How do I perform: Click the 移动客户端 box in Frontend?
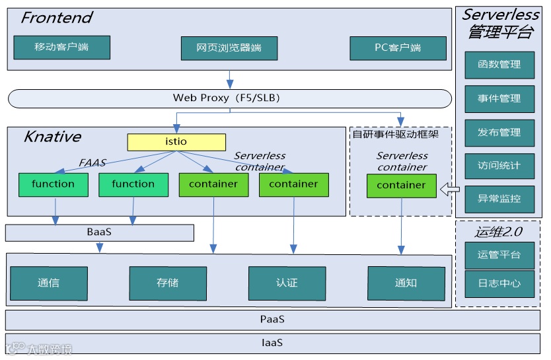(x=61, y=48)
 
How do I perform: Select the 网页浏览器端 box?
(x=229, y=48)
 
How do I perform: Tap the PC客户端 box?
(x=398, y=48)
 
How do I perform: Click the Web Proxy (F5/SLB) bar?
(x=229, y=98)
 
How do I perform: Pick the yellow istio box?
(x=176, y=142)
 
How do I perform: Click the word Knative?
(x=52, y=137)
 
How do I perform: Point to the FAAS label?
(x=92, y=162)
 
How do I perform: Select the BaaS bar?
(x=100, y=233)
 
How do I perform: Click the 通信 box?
(x=49, y=283)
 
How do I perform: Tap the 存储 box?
(x=168, y=283)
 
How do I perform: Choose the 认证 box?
(x=287, y=283)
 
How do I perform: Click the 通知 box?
(x=406, y=283)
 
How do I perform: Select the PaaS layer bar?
(x=272, y=320)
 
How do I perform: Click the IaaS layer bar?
(x=272, y=343)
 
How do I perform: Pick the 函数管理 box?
(x=499, y=65)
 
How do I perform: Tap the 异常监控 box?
(x=499, y=199)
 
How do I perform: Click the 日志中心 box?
(x=499, y=284)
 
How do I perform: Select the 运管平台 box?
(x=499, y=255)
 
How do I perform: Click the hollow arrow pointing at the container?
(x=451, y=190)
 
